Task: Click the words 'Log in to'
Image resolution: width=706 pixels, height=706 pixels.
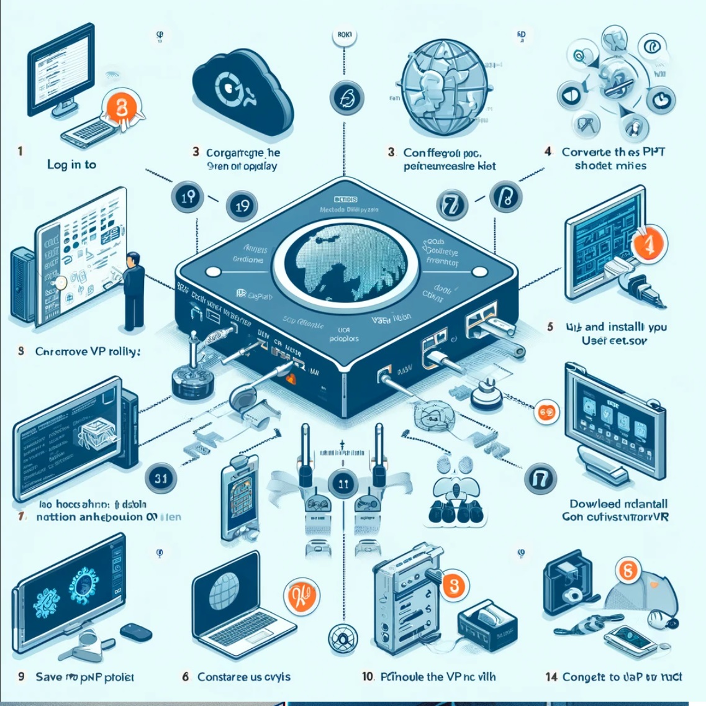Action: pyautogui.click(x=71, y=165)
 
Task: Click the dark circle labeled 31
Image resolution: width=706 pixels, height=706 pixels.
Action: pyautogui.click(x=161, y=478)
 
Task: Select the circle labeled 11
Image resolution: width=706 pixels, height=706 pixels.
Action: pyautogui.click(x=343, y=484)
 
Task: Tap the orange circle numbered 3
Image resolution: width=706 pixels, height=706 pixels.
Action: pyautogui.click(x=454, y=585)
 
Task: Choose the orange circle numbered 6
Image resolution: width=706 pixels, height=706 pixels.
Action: pyautogui.click(x=628, y=570)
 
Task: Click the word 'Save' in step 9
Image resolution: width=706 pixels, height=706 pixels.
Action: pyautogui.click(x=48, y=676)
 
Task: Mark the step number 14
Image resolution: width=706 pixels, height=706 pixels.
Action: pyautogui.click(x=551, y=676)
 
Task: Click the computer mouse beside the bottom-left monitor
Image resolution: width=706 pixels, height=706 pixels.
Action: pyautogui.click(x=135, y=631)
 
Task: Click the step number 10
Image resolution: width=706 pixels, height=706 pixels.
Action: pyautogui.click(x=368, y=676)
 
